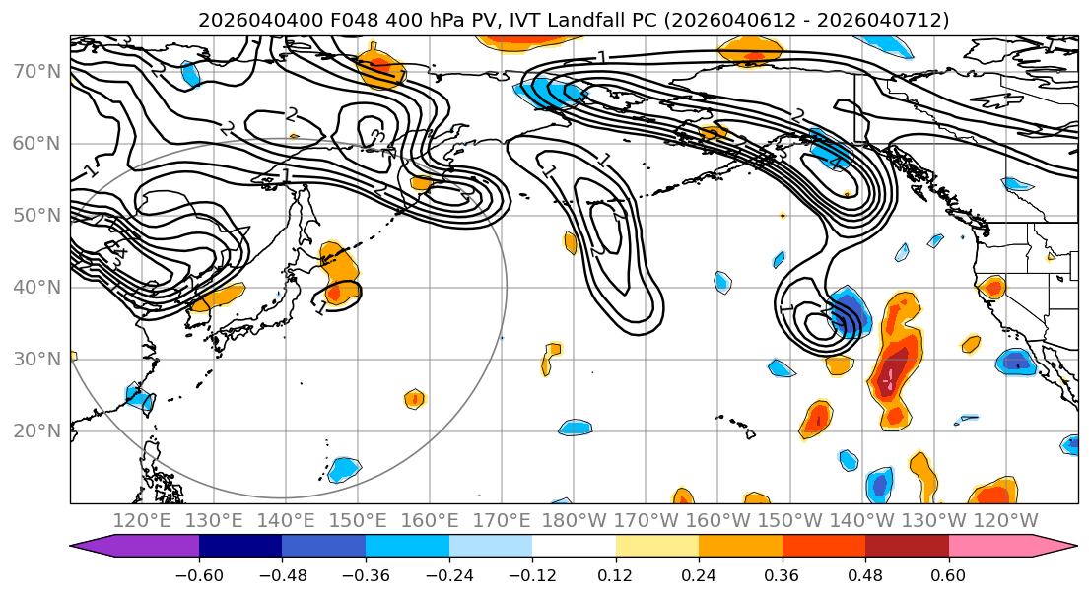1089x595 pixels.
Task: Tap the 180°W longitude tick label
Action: (574, 520)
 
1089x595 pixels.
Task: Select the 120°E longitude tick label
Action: (142, 520)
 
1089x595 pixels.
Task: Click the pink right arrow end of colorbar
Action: (1059, 547)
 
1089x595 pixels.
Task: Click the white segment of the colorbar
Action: (574, 547)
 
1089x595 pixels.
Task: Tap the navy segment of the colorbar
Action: (240, 547)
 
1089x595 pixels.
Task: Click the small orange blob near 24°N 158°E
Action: (415, 399)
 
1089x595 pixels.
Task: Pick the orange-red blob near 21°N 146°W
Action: (815, 419)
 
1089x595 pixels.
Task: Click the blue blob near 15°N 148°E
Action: (344, 469)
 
